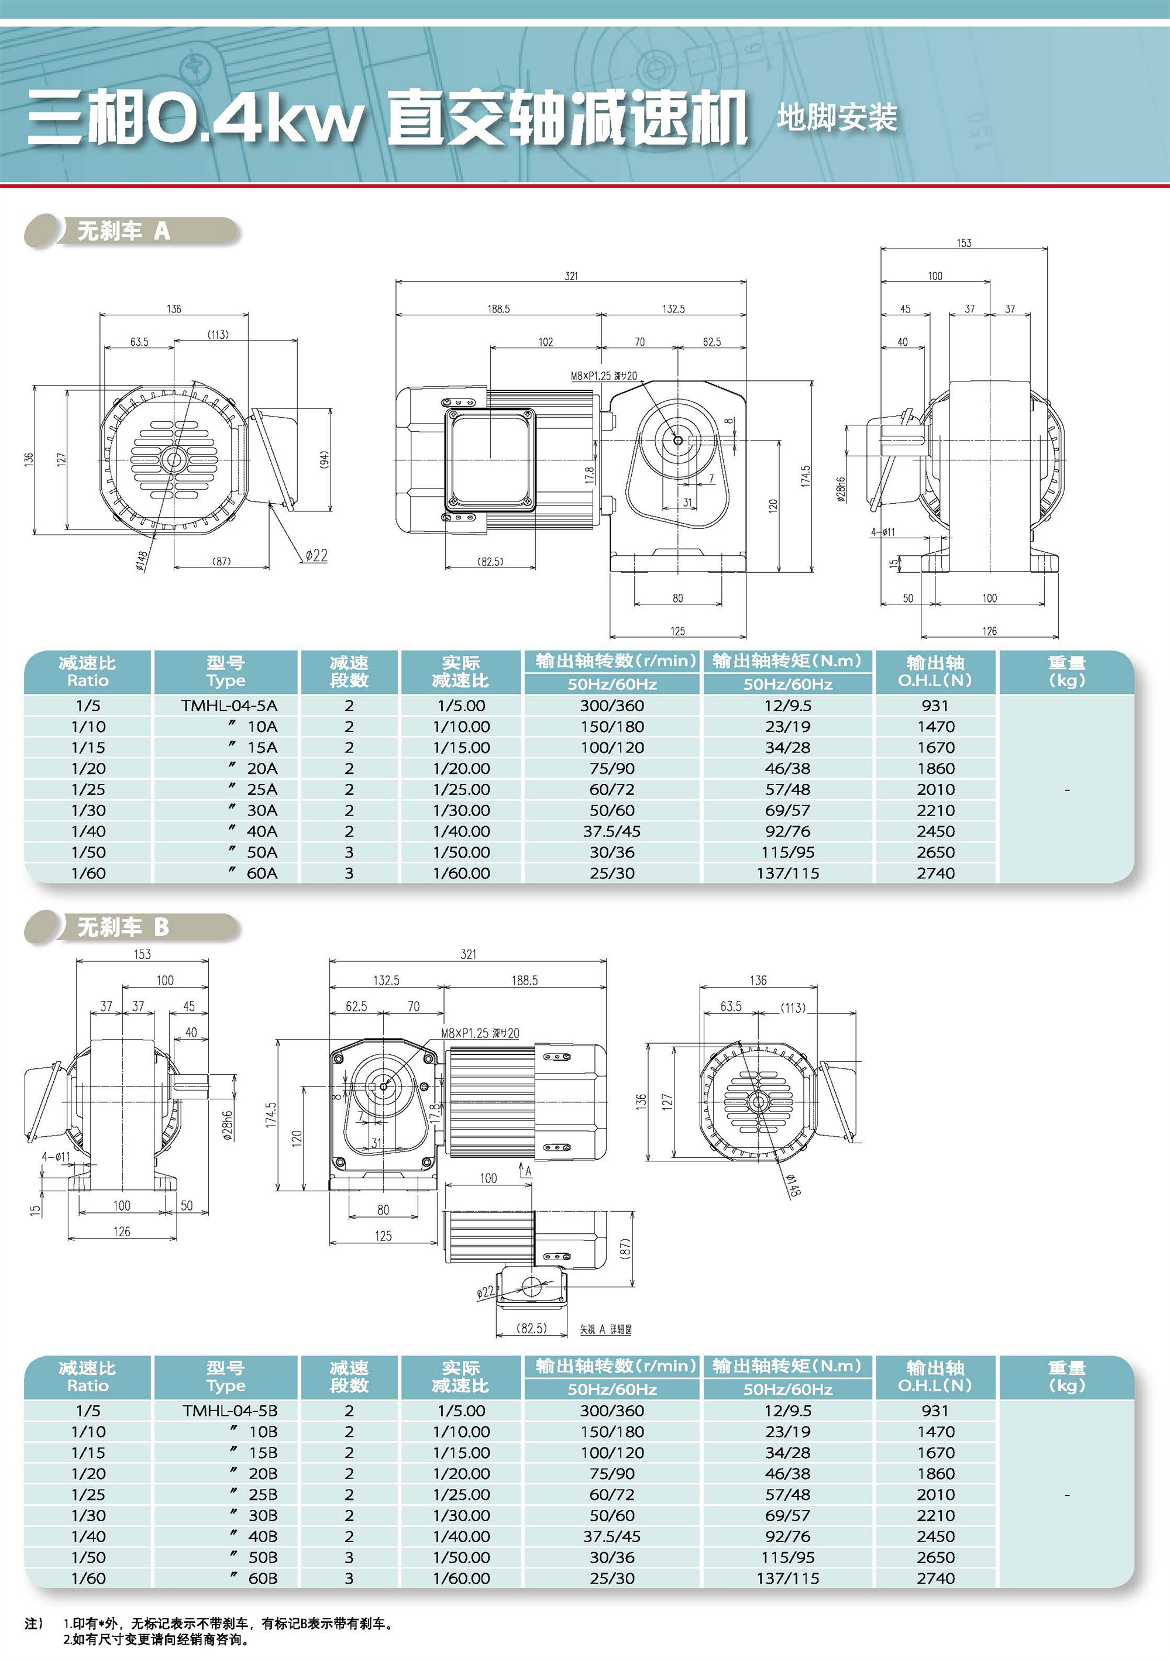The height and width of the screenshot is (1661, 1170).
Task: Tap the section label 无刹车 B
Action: point(123,927)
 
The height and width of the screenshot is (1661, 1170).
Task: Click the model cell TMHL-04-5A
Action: point(229,706)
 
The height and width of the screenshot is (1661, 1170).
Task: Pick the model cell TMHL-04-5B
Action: point(229,1411)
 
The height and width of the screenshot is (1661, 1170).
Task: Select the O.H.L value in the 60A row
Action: point(935,873)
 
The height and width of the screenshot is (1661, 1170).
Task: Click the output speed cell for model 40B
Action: point(611,1536)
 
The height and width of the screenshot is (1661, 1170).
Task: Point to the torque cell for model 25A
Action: point(787,789)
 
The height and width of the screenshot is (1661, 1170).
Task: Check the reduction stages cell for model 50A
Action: point(349,852)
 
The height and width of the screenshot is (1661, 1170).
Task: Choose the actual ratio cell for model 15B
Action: point(461,1453)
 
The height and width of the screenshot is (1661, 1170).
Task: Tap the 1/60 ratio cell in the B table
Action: point(88,1579)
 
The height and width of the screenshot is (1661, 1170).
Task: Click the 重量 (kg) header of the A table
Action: point(1066,671)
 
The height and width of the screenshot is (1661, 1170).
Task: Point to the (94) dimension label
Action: point(324,459)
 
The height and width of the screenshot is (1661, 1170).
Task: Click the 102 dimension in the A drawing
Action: point(546,342)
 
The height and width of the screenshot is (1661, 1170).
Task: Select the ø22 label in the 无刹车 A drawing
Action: point(316,555)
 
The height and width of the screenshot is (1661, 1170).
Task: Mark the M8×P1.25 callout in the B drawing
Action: point(480,1033)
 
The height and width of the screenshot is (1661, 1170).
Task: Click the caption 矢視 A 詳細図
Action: point(605,1329)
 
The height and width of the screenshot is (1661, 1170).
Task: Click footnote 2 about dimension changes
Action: point(156,1639)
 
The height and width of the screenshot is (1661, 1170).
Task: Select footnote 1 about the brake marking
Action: point(228,1624)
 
